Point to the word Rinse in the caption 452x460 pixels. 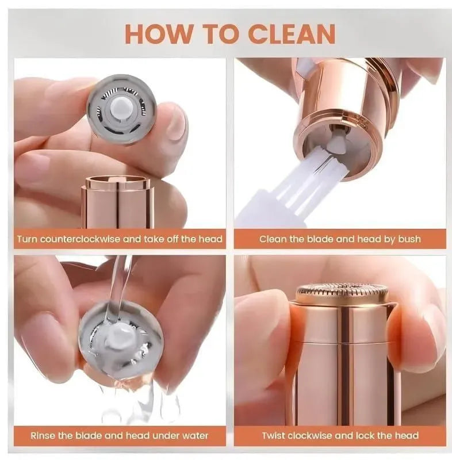tap(44, 435)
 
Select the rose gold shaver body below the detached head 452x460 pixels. tap(117, 204)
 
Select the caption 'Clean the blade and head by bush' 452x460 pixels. tap(339, 239)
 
